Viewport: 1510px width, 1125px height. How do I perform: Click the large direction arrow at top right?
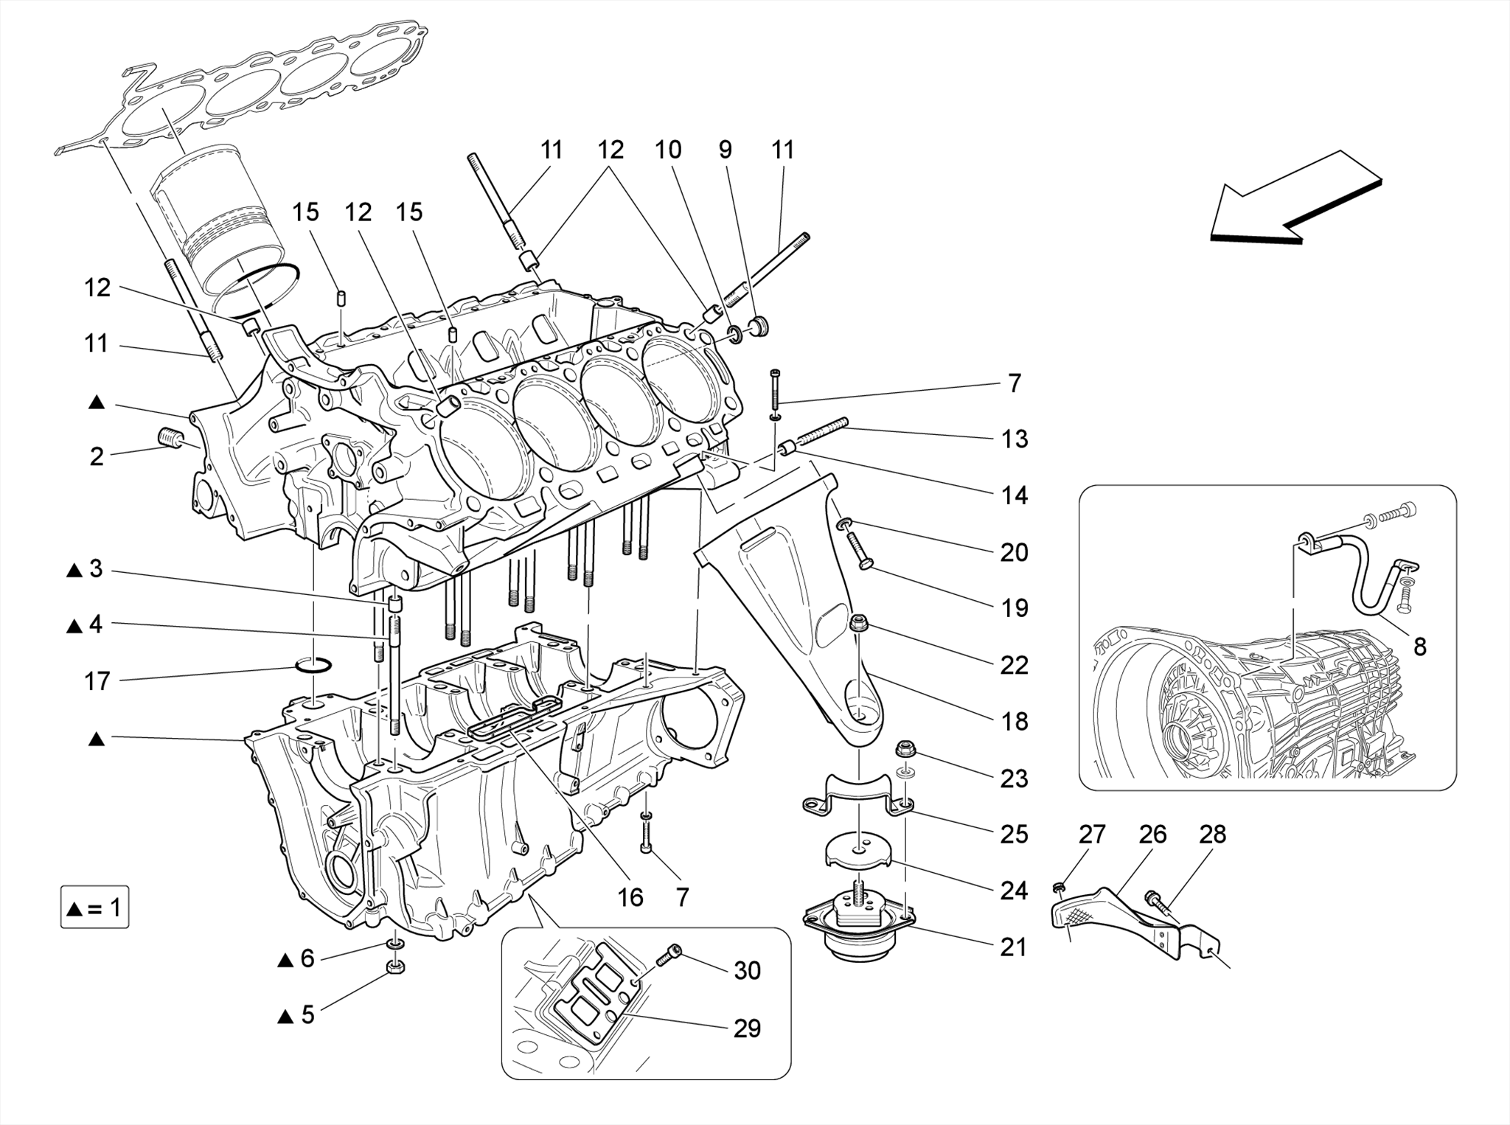coord(1294,199)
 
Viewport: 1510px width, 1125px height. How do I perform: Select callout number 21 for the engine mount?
coord(1013,947)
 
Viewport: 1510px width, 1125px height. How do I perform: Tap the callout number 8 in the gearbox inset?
coord(1419,647)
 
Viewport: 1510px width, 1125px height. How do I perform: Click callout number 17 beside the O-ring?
coord(97,681)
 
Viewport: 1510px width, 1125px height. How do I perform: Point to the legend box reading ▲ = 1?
coord(94,907)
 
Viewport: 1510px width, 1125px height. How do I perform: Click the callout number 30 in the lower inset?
coord(747,970)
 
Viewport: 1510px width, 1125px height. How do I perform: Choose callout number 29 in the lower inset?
coord(747,1028)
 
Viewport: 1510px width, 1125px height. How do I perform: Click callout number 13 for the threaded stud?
coord(1015,439)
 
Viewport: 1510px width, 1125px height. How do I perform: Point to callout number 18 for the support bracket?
coord(1015,721)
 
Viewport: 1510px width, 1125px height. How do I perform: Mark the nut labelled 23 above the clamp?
coord(905,751)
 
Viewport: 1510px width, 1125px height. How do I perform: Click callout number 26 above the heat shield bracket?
coord(1152,834)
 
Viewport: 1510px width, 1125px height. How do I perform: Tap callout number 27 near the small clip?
coord(1092,834)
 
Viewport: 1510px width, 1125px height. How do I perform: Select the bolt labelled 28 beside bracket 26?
coord(1157,900)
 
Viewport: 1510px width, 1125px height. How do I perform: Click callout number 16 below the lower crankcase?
coord(630,897)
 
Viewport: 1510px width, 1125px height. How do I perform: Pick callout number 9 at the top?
coord(726,150)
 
